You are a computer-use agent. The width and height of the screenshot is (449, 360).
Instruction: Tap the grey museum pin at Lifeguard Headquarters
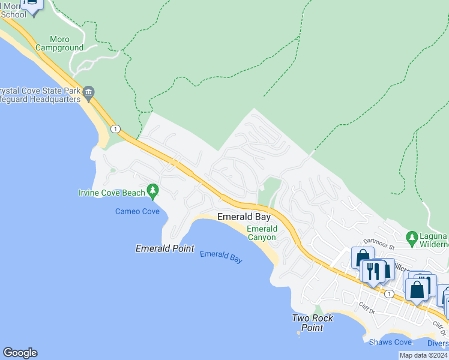tap(89, 92)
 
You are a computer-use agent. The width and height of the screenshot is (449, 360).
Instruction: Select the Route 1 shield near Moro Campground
tap(115, 128)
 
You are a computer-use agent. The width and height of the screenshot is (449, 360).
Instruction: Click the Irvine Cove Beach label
tap(112, 193)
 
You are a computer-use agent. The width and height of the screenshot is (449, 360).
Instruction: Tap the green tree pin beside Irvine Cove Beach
tap(153, 191)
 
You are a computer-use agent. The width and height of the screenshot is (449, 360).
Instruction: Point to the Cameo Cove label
tap(137, 211)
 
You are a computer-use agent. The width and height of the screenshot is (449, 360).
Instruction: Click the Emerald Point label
tap(164, 248)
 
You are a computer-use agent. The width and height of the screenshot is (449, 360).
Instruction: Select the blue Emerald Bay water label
tap(221, 257)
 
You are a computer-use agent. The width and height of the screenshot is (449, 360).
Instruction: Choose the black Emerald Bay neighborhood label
tap(244, 217)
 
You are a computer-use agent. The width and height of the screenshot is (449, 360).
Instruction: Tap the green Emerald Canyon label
tap(262, 233)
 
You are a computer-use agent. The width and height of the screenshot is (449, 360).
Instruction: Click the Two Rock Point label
tap(313, 323)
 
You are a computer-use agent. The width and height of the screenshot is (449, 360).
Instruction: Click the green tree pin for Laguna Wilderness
tap(412, 238)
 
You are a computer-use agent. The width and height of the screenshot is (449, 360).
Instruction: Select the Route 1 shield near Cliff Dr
tap(390, 293)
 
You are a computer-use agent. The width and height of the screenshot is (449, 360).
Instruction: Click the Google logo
tap(20, 353)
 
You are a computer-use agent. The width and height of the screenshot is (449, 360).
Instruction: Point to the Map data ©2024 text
tap(424, 355)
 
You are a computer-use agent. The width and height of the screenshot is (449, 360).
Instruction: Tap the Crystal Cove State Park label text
tap(40, 91)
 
